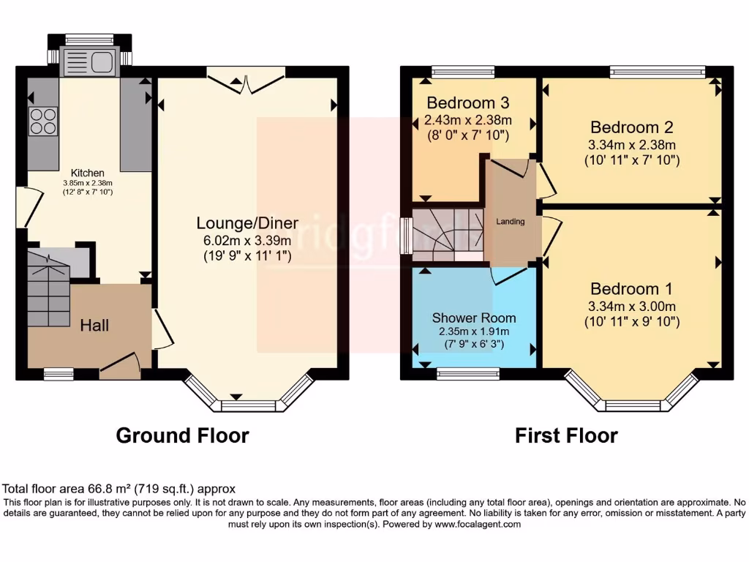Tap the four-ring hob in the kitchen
(x=43, y=121)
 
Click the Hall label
(x=94, y=325)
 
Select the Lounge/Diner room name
(x=246, y=222)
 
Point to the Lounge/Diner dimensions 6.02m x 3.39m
(x=246, y=239)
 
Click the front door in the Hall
(x=119, y=365)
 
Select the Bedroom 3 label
(x=468, y=102)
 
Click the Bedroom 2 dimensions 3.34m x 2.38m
(x=632, y=144)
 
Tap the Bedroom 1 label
(x=632, y=288)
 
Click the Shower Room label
(x=473, y=318)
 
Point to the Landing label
(x=511, y=222)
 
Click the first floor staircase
(x=447, y=234)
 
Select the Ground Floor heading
(x=183, y=436)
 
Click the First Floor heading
(x=566, y=436)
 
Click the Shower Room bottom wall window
(x=468, y=374)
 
